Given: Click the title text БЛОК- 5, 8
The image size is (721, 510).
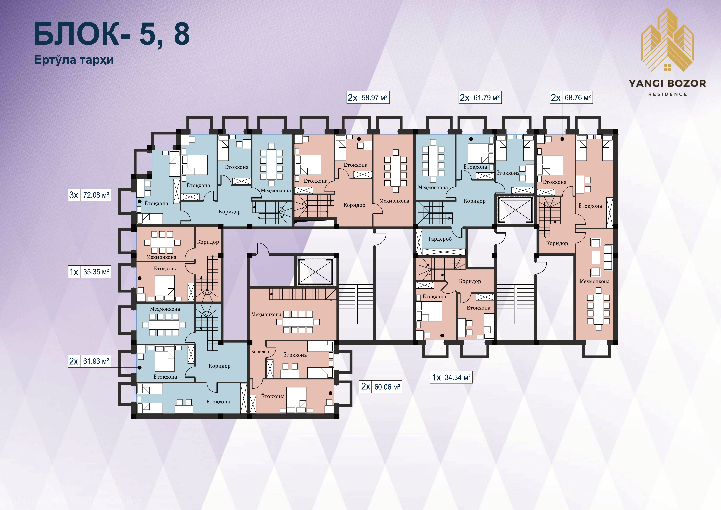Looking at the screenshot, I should pos(111,34).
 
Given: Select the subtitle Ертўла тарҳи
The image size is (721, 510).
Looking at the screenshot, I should pos(74,60).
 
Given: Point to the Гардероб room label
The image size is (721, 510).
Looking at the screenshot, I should pos(440,239).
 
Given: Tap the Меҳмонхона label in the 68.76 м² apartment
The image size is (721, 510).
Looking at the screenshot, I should pos(594,281).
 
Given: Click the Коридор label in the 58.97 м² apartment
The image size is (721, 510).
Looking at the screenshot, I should pos(354,205).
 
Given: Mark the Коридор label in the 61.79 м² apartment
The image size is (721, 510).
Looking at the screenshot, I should pos(475,201).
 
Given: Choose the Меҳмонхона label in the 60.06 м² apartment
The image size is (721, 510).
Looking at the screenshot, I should pos(266,314).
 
